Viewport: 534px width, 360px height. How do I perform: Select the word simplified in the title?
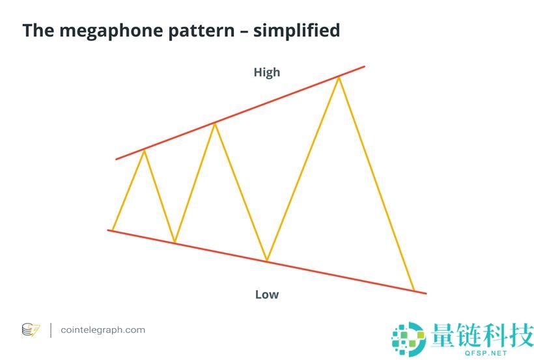tap(296, 31)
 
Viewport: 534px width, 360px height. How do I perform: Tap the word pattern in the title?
tap(202, 31)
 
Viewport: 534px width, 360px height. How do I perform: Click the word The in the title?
tap(38, 30)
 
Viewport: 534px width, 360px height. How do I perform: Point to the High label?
tap(267, 72)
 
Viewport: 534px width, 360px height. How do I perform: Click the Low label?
tap(267, 295)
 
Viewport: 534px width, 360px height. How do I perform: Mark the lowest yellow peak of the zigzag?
tap(145, 150)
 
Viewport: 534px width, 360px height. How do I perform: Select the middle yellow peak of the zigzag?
tap(214, 124)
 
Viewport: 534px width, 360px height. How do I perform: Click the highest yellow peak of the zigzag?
tap(339, 78)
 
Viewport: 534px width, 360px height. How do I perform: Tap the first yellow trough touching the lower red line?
tap(175, 242)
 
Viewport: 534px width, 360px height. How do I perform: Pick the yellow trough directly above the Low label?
tap(267, 260)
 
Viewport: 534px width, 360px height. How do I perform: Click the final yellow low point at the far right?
tap(414, 290)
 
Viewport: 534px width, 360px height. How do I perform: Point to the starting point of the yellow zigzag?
tap(113, 230)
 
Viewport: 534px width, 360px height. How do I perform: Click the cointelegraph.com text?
tap(103, 329)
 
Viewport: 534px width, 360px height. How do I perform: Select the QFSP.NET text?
tap(486, 353)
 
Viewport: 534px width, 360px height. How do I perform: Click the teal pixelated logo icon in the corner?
tap(409, 339)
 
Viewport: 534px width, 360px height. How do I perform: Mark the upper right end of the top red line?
tap(365, 66)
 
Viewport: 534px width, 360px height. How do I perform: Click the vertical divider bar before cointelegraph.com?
tap(51, 330)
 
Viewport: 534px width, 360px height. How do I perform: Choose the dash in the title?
tap(244, 32)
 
